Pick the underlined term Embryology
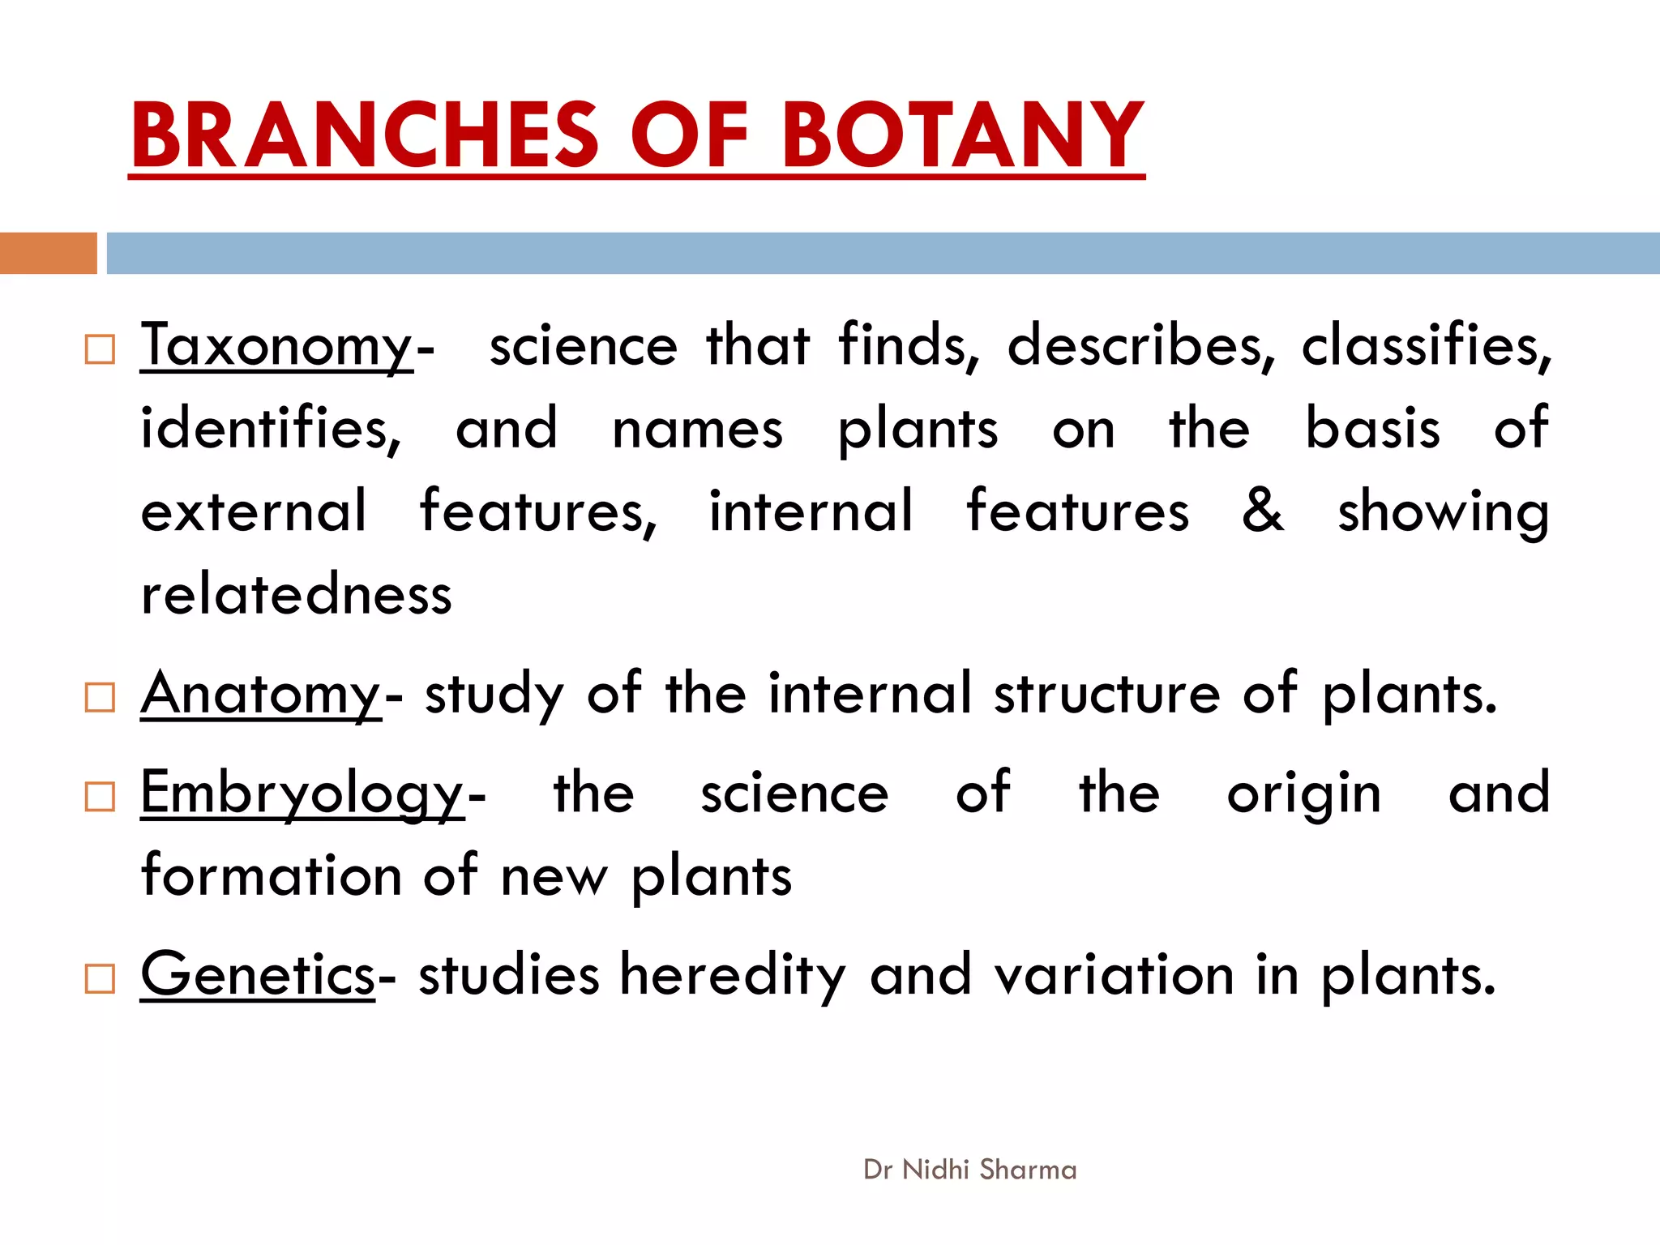pyautogui.click(x=302, y=794)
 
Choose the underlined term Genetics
pyautogui.click(x=258, y=974)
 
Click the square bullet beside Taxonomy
pyautogui.click(x=100, y=349)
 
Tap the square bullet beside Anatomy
pyautogui.click(x=100, y=697)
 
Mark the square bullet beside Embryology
pyautogui.click(x=100, y=797)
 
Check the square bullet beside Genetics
pyautogui.click(x=100, y=978)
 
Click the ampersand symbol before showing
pyautogui.click(x=1263, y=511)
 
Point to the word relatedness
pyautogui.click(x=296, y=595)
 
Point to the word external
pyautogui.click(x=254, y=511)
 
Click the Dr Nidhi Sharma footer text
pyautogui.click(x=970, y=1170)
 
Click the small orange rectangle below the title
pyautogui.click(x=48, y=253)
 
